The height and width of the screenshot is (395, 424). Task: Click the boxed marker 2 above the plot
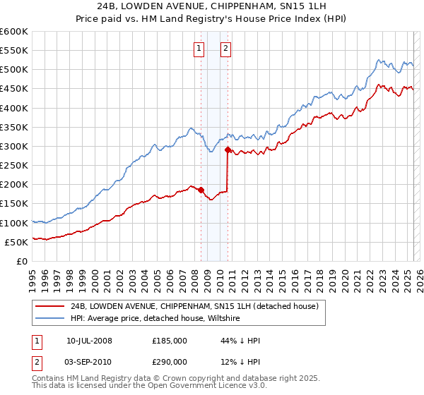pos(225,49)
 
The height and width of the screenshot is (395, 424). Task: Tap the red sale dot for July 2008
pos(201,190)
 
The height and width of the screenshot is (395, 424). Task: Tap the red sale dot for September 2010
pos(228,150)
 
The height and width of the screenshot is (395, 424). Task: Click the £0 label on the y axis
pos(23,261)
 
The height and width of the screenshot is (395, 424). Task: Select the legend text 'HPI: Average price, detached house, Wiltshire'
pos(155,319)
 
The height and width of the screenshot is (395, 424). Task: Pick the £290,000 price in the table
pos(169,363)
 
